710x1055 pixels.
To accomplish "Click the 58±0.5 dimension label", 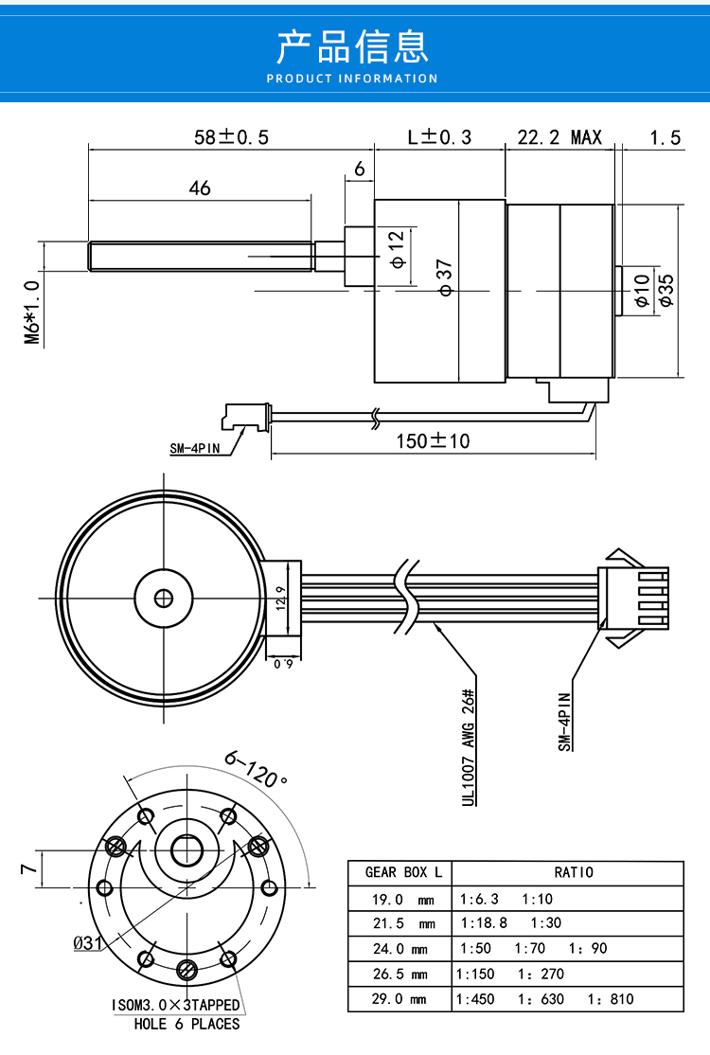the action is click(231, 137).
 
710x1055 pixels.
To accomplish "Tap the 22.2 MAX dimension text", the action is click(559, 137).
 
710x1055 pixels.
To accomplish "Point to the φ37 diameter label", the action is click(445, 277).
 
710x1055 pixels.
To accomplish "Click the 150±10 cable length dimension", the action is click(433, 440).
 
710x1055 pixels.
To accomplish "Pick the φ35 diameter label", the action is click(666, 291).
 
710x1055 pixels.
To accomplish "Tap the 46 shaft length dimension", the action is click(200, 188).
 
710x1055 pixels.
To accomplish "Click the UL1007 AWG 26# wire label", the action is click(469, 747).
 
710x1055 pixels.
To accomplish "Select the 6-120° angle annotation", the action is click(257, 769).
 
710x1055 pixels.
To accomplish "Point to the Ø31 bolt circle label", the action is click(87, 942).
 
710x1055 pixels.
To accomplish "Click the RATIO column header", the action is click(574, 872).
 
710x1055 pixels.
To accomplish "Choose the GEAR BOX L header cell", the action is click(403, 872).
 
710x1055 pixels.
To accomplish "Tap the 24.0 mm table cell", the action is click(400, 949).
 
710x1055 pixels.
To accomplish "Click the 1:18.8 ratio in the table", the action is click(484, 923).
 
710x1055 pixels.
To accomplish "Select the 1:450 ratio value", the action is click(474, 999).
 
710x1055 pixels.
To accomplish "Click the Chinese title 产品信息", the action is click(352, 46).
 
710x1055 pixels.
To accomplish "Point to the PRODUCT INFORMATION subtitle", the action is click(352, 79).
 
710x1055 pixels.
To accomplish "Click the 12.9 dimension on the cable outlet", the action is click(281, 598).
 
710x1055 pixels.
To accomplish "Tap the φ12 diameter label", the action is click(398, 249).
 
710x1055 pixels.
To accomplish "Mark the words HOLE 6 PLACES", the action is click(186, 1024).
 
